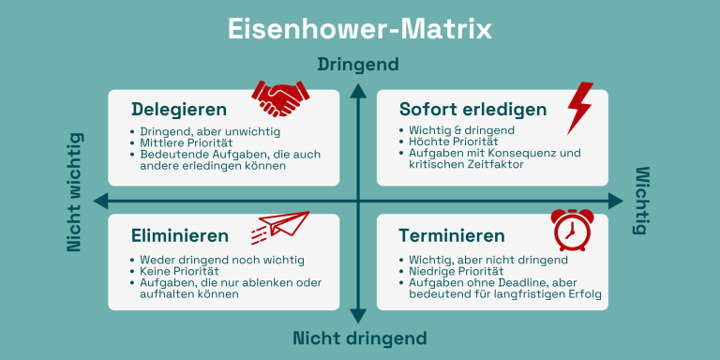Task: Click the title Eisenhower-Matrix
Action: click(360, 29)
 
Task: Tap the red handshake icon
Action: click(280, 98)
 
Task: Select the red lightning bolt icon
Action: click(579, 108)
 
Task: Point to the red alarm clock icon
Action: click(572, 230)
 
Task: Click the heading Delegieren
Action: click(179, 110)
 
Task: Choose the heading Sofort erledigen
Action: click(472, 110)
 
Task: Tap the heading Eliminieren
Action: click(180, 235)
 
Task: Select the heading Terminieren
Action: click(452, 235)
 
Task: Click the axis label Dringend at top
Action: click(358, 65)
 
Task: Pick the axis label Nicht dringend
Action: click(360, 338)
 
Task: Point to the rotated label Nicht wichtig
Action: click(74, 192)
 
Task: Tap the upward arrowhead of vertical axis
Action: click(358, 91)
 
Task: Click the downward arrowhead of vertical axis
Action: click(358, 316)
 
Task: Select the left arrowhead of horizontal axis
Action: click(101, 201)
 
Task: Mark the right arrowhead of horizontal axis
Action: click(615, 201)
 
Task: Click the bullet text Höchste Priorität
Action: click(453, 142)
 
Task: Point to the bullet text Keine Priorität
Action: click(180, 271)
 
